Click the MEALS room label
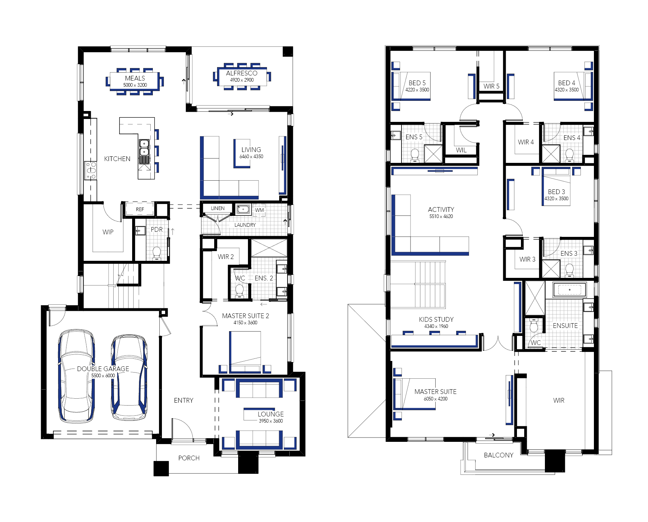[x=135, y=78]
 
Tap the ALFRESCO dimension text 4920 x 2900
[x=242, y=80]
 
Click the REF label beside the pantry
[x=140, y=209]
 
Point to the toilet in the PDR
[x=157, y=253]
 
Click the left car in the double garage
[x=76, y=376]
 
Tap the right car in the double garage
[x=129, y=378]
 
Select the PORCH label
[x=189, y=458]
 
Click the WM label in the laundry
[x=260, y=210]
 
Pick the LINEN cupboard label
[x=218, y=208]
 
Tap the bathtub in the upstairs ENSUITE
[x=569, y=290]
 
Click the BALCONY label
[x=498, y=455]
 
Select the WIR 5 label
[x=491, y=86]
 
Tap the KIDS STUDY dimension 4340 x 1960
[x=436, y=326]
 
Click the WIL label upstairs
[x=461, y=150]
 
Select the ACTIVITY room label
[x=441, y=210]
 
